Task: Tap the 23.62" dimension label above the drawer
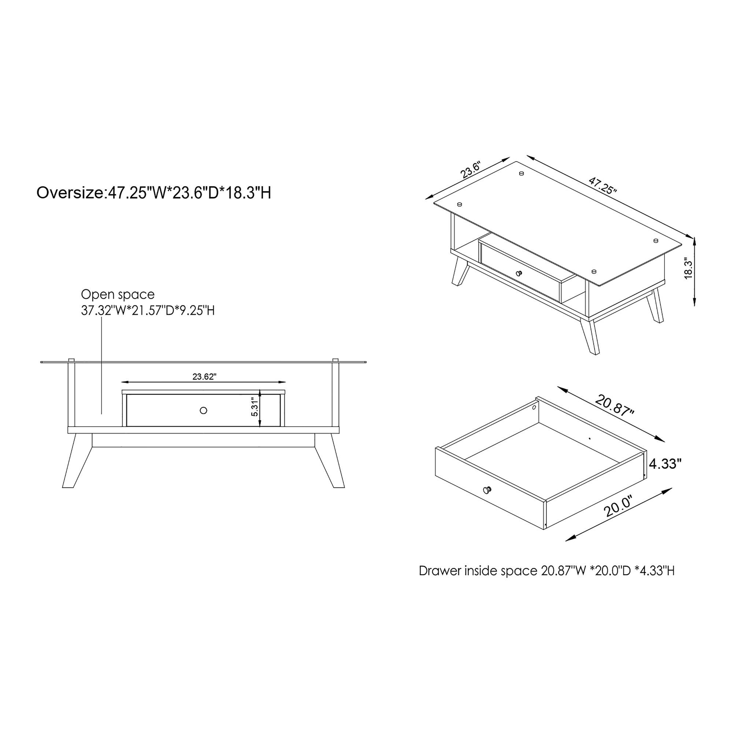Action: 204,377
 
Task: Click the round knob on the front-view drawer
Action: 203,410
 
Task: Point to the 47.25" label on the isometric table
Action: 603,185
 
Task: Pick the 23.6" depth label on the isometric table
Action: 471,170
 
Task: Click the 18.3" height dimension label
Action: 688,269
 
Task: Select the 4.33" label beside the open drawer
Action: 665,464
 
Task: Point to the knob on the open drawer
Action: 487,490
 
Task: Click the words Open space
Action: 118,294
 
